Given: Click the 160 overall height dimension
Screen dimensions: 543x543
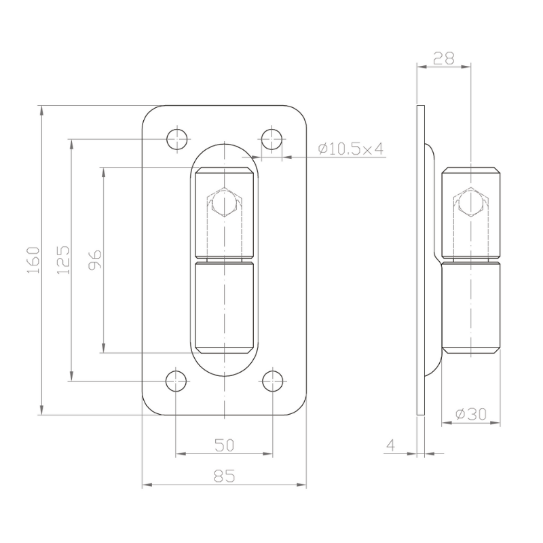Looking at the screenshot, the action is tap(33, 260).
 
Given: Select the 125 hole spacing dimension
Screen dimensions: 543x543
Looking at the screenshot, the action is tap(63, 260).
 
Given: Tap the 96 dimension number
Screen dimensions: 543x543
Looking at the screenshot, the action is tap(95, 259).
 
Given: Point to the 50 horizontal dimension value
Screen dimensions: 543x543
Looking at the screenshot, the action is tap(225, 445).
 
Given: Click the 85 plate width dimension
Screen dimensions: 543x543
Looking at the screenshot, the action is tap(225, 476).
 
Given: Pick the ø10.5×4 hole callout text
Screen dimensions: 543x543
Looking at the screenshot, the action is tap(351, 149).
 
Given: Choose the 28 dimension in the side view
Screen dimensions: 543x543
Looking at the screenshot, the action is tap(444, 58).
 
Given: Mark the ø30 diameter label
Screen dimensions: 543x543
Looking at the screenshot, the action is tap(471, 414).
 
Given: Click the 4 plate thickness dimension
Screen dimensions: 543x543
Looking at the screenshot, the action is tap(391, 445).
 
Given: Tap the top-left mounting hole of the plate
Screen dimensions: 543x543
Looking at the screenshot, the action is tap(177, 139).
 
